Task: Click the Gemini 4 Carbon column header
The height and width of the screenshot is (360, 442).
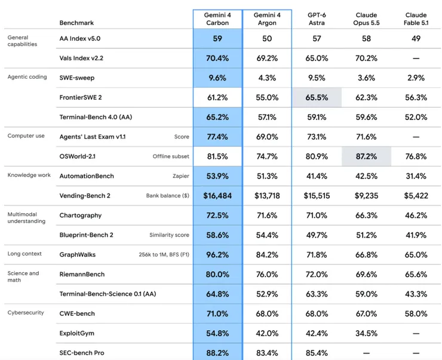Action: pyautogui.click(x=217, y=19)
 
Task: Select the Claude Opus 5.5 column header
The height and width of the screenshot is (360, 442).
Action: pyautogui.click(x=366, y=19)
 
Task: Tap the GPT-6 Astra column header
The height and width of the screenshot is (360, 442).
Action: pyautogui.click(x=317, y=19)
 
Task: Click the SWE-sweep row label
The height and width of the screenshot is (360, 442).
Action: pyautogui.click(x=76, y=78)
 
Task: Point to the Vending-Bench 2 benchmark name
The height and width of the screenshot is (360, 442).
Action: pyautogui.click(x=85, y=195)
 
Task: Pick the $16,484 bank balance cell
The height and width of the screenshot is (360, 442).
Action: pyautogui.click(x=217, y=195)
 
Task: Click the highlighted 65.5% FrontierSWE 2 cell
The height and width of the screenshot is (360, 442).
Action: pyautogui.click(x=317, y=97)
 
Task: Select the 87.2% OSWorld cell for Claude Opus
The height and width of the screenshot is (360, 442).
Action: pyautogui.click(x=366, y=156)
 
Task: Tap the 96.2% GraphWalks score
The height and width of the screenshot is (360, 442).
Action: pyautogui.click(x=217, y=255)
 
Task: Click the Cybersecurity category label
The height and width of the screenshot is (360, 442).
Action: pyautogui.click(x=26, y=312)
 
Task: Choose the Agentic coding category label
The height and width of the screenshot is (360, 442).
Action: pyautogui.click(x=27, y=77)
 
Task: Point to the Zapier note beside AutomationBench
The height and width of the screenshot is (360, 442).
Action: pyautogui.click(x=181, y=176)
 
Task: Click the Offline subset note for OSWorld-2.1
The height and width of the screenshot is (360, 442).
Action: pyautogui.click(x=171, y=156)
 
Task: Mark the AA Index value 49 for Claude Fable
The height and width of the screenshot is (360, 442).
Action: pyautogui.click(x=416, y=39)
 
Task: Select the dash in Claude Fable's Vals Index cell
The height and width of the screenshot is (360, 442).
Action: pyautogui.click(x=416, y=59)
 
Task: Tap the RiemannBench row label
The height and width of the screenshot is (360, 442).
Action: pyautogui.click(x=82, y=274)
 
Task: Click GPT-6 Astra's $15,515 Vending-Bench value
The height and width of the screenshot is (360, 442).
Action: pyautogui.click(x=317, y=195)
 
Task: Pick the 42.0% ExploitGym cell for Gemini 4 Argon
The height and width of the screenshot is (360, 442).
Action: pyautogui.click(x=267, y=333)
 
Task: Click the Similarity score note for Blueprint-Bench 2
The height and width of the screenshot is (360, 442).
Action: pyautogui.click(x=169, y=235)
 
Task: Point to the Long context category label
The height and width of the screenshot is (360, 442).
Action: pyautogui.click(x=24, y=254)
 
